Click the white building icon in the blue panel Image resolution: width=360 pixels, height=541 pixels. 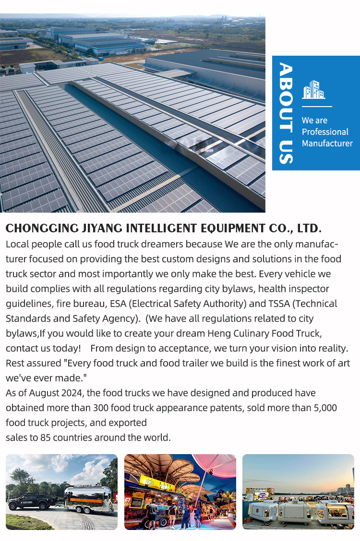coord(313,90)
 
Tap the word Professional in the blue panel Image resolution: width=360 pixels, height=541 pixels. coord(325,132)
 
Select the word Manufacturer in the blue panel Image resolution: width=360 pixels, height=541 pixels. coord(327,144)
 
